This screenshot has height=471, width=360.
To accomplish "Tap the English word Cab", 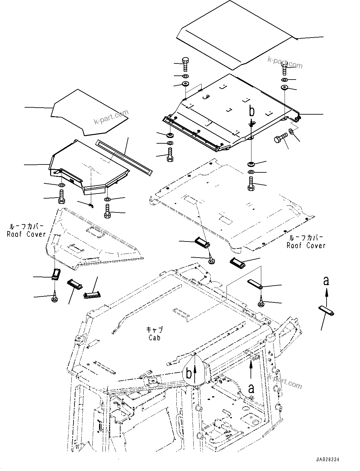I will pos(155,338).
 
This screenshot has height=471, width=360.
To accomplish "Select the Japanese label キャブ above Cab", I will pos(155,330).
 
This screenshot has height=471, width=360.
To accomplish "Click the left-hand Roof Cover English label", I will pos(27,234).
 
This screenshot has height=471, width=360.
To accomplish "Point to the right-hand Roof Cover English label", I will pos(306,245).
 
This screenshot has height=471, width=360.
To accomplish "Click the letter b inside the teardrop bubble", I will pos(189,374).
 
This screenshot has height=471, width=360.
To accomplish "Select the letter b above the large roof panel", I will pos(251,111).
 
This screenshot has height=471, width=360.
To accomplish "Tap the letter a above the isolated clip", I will pos(326,280).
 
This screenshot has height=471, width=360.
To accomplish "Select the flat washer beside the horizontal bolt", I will pos(292,131).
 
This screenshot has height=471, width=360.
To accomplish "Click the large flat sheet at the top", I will pos(237,33).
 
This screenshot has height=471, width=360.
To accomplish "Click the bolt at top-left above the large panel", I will pos(185,65).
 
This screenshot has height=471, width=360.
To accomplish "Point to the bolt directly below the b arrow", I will pos(251,183).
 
